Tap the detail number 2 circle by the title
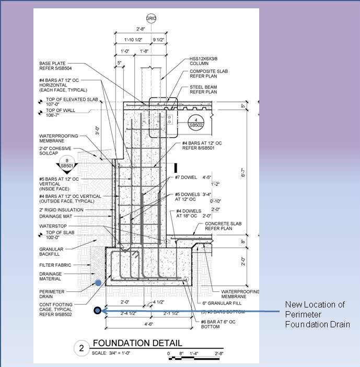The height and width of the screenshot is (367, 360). tap(82, 348)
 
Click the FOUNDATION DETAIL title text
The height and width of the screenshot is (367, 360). tap(137, 343)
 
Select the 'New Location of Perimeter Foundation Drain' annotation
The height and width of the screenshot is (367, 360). tap(317, 314)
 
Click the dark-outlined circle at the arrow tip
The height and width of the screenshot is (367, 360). tap(97, 311)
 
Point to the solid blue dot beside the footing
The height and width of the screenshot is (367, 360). tap(98, 282)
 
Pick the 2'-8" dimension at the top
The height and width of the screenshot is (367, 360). tap(141, 30)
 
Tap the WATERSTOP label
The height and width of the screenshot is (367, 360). tap(52, 226)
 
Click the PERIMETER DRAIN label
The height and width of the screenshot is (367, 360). tap(52, 294)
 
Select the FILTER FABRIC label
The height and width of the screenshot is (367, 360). tap(55, 265)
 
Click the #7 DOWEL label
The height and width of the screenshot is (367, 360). tap(187, 177)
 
